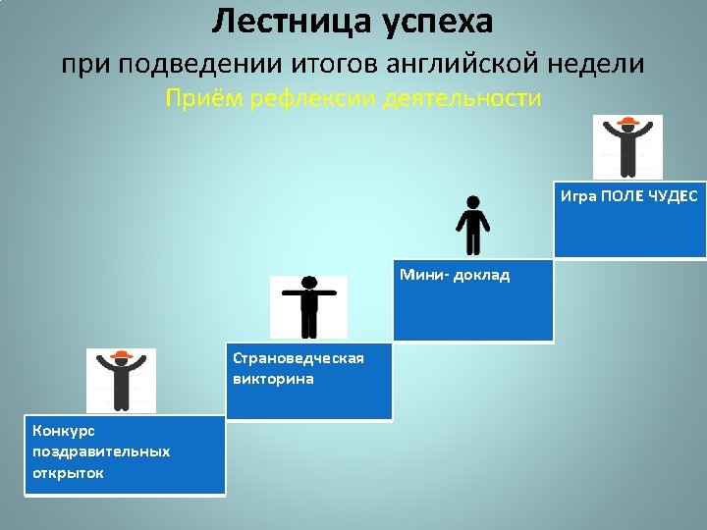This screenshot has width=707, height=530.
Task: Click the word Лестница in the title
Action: click(x=292, y=23)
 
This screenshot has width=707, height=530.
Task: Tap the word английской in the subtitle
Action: click(x=462, y=65)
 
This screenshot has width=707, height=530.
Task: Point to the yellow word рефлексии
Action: click(x=312, y=99)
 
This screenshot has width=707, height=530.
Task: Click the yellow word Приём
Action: click(x=204, y=98)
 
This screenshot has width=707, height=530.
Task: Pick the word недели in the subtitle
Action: click(x=596, y=64)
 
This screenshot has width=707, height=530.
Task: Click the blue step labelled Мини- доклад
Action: click(x=473, y=300)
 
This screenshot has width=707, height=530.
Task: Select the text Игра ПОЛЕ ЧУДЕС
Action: click(x=629, y=196)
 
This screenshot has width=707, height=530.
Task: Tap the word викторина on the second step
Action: click(x=273, y=379)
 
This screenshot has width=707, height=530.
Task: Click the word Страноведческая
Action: click(x=299, y=358)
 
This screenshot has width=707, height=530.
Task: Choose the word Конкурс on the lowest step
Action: click(x=64, y=431)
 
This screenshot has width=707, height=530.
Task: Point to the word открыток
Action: click(x=68, y=473)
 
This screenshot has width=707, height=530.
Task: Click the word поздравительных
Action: click(x=101, y=452)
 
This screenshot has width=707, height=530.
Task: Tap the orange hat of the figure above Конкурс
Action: click(x=122, y=354)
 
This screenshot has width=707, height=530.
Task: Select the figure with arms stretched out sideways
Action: click(x=309, y=307)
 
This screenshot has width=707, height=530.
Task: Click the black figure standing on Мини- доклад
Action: click(x=472, y=226)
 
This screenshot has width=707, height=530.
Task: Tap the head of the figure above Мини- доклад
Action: click(x=473, y=202)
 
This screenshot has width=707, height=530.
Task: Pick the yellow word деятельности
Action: click(x=462, y=99)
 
